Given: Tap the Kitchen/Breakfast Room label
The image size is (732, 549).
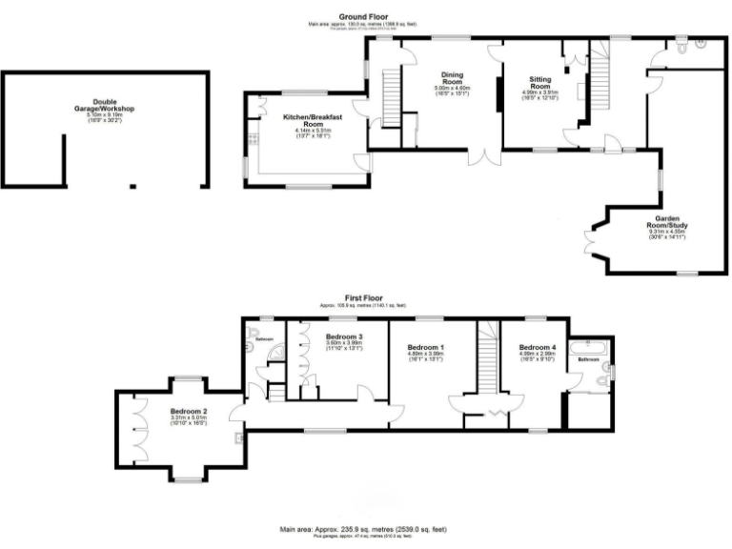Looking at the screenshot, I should pyautogui.click(x=304, y=121).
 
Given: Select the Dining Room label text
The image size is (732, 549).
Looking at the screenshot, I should pyautogui.click(x=451, y=78).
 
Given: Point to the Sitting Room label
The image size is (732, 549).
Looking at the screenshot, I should pyautogui.click(x=542, y=83).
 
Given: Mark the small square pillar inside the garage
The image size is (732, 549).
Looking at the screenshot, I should pyautogui.click(x=132, y=185).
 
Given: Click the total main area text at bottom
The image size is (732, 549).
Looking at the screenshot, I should pyautogui.click(x=363, y=528).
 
